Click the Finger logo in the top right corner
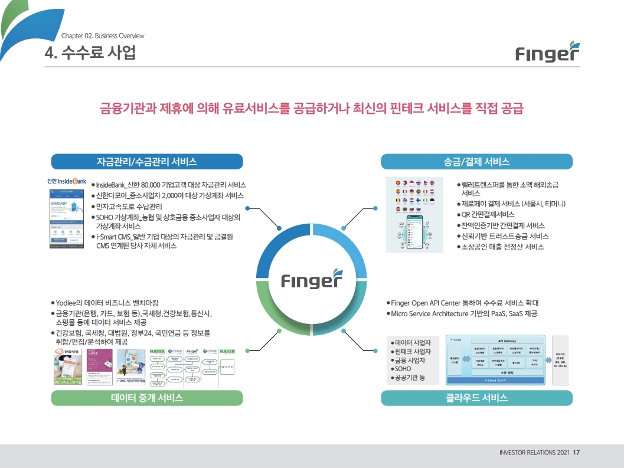[547, 53]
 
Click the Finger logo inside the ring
[311, 280]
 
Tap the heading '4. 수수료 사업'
[90, 53]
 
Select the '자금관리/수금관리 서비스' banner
[147, 162]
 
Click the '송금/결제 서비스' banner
[476, 162]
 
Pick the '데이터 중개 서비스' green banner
[147, 398]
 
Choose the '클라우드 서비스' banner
[476, 398]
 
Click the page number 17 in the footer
[576, 453]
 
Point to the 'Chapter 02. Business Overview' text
[103, 36]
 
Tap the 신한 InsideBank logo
[67, 181]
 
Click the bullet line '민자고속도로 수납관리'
[129, 207]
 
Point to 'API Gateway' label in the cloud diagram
[507, 341]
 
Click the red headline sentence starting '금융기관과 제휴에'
[312, 109]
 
